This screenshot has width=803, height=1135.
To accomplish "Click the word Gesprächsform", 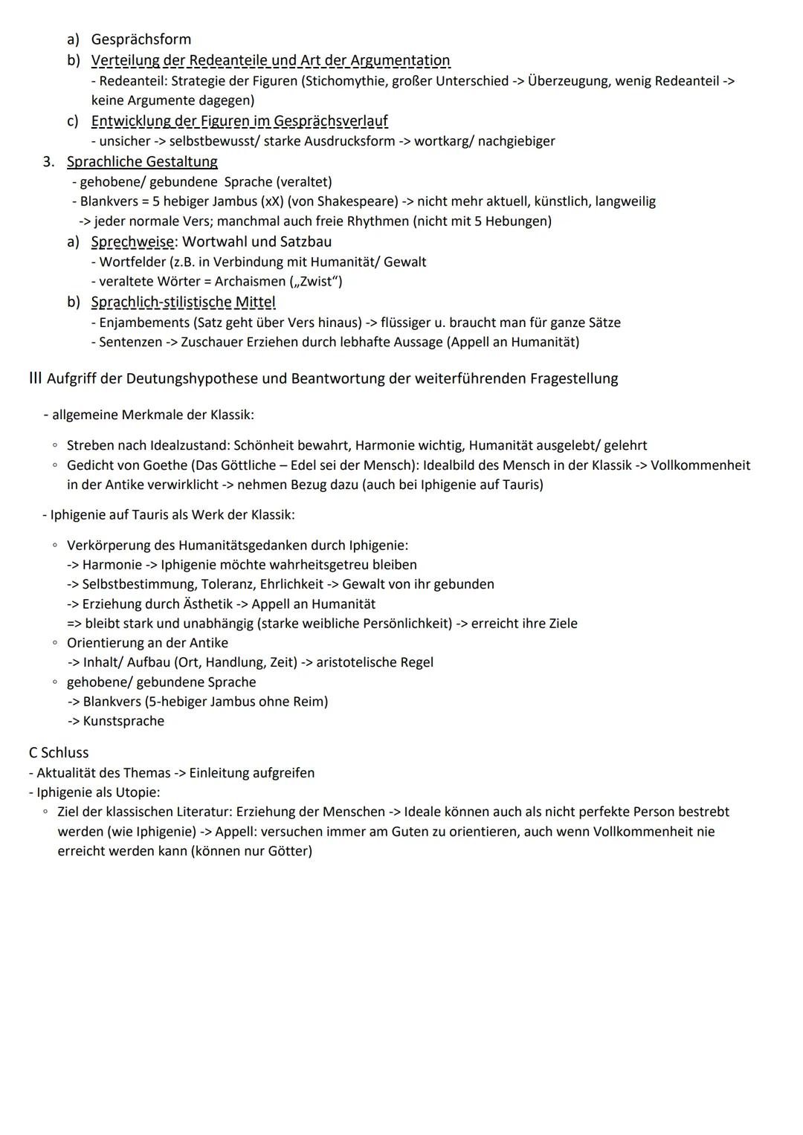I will pos(141,39).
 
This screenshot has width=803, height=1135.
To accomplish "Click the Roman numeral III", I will pos(35,378).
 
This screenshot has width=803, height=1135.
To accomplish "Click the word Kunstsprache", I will pos(123,721).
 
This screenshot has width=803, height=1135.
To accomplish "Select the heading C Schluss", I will pos(59,752).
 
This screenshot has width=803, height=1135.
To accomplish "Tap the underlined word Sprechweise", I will pos(132,242).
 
